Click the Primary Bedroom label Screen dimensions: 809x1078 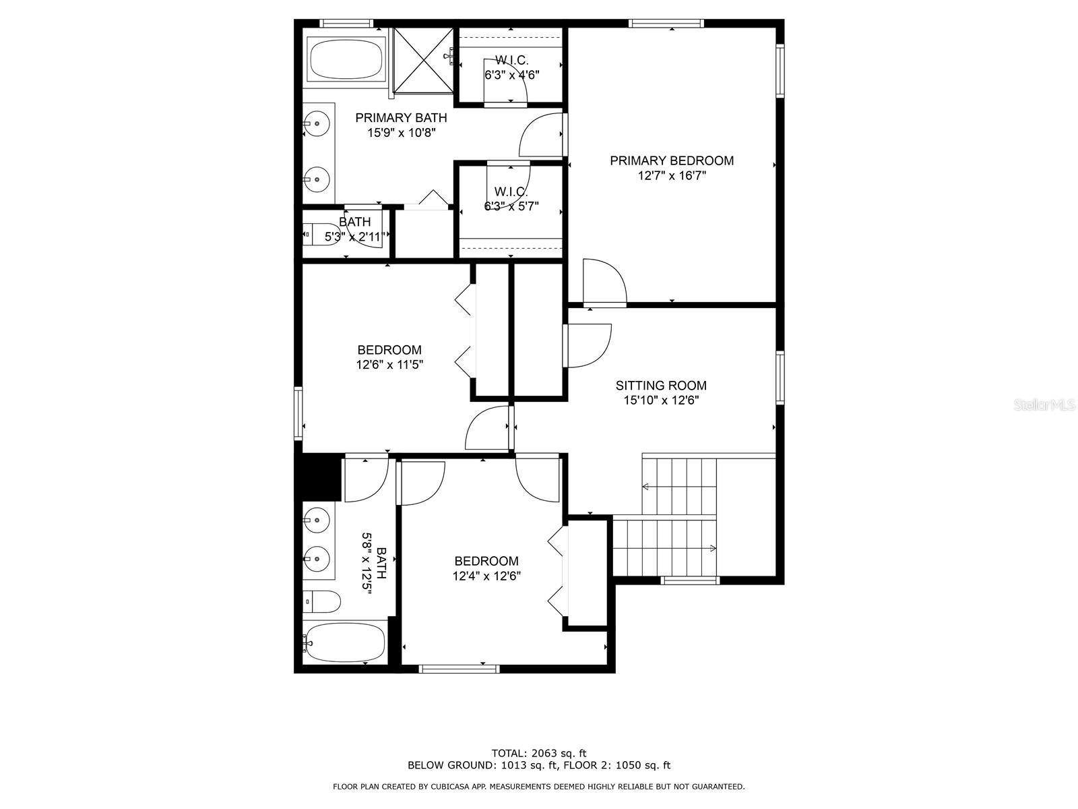(x=671, y=160)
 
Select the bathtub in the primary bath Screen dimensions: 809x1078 (x=346, y=58)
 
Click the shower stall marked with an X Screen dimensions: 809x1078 (x=422, y=59)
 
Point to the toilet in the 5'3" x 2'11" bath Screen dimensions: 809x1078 (x=322, y=235)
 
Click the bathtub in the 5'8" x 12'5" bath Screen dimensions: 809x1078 (x=344, y=642)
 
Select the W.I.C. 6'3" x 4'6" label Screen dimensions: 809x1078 (x=511, y=67)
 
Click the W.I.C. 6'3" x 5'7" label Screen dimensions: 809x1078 (x=511, y=199)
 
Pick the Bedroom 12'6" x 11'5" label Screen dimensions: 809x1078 (x=389, y=357)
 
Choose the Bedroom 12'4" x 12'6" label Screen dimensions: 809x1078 (x=486, y=568)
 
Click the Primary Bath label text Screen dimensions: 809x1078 (x=401, y=118)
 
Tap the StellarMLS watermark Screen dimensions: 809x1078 (x=1044, y=405)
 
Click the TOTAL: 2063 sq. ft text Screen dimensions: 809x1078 (x=539, y=753)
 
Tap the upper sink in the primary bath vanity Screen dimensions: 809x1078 (x=316, y=124)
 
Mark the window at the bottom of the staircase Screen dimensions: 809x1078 (x=690, y=580)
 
